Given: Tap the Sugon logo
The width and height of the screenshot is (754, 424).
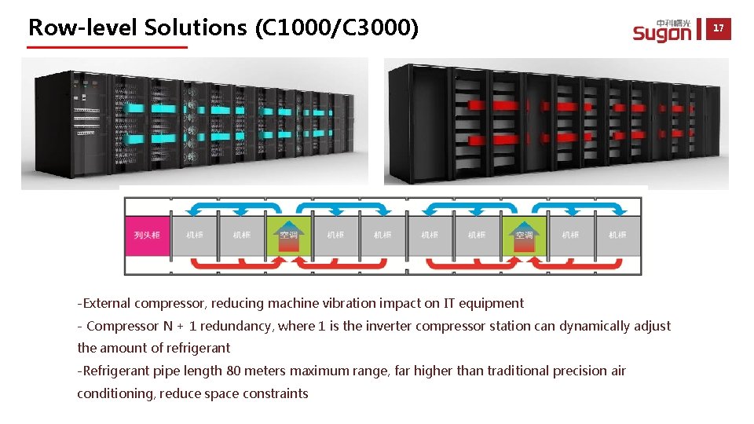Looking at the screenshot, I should (663, 30).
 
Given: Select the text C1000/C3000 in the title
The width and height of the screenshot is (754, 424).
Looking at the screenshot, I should (337, 27).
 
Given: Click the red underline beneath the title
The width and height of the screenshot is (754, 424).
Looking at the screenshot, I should (108, 48).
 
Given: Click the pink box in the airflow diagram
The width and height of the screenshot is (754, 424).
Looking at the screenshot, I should (147, 235).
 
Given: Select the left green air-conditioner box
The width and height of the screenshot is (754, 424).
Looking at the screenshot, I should (288, 235).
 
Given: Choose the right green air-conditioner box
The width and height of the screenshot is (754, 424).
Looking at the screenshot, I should (523, 235).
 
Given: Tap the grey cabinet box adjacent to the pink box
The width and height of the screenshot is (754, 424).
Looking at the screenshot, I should (194, 235).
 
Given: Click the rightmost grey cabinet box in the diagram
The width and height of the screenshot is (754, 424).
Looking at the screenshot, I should (617, 235).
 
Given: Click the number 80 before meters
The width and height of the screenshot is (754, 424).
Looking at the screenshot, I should (233, 371).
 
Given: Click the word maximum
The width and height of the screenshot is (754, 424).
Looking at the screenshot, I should (324, 371).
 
